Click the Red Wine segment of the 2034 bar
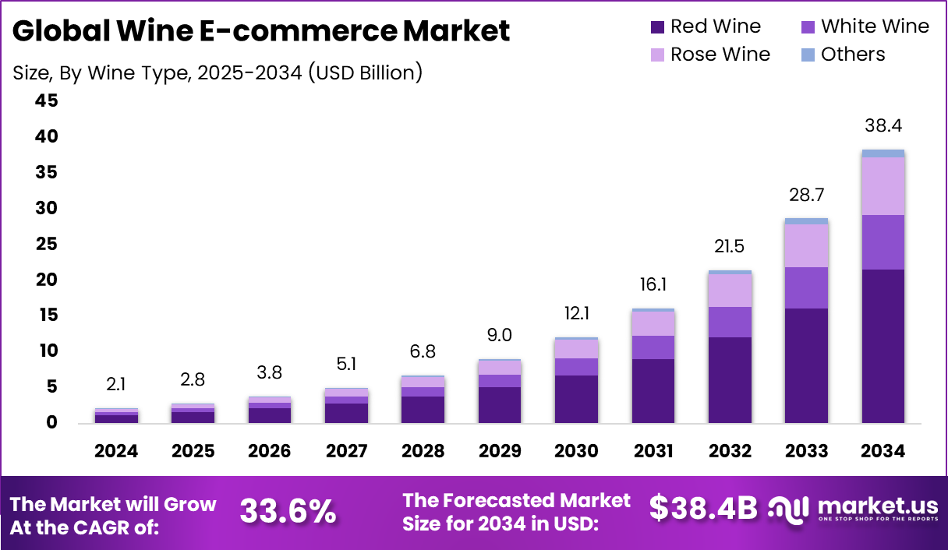coord(883,346)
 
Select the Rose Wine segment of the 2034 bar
coord(883,186)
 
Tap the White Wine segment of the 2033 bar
coord(806,287)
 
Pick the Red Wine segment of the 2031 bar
coord(653,390)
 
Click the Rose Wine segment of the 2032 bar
coord(729,291)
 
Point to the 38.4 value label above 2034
coord(883,125)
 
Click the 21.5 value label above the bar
coord(729,247)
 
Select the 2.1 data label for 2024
coord(116,384)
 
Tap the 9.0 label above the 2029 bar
coord(499,335)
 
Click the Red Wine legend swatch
coord(657,27)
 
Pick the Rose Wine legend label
coord(720,55)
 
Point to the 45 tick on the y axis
coord(46,101)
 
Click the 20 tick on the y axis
coord(46,280)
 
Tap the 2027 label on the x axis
coord(346,451)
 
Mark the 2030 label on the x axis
coord(576,451)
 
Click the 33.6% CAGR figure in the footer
coord(288,511)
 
